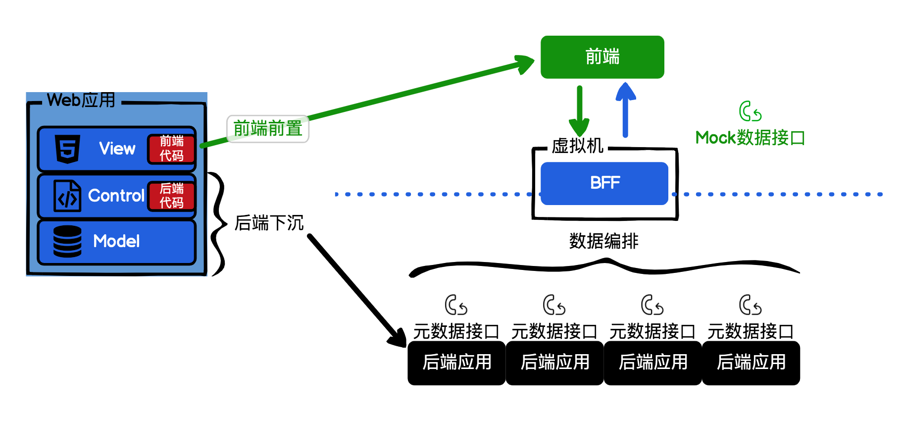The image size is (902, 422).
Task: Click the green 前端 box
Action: click(602, 57)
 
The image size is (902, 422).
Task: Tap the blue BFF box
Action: click(604, 183)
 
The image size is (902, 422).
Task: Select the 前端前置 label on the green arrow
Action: click(268, 129)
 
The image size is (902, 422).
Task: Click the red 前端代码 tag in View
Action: click(171, 149)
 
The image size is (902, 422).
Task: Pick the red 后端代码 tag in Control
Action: click(171, 196)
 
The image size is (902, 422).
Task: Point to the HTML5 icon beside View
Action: click(68, 149)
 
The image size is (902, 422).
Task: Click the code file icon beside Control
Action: click(67, 196)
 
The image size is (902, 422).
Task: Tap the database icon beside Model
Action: click(67, 241)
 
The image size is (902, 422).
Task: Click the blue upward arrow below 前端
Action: click(625, 110)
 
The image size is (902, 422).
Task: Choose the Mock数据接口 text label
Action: click(750, 138)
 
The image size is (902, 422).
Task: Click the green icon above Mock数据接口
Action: click(750, 111)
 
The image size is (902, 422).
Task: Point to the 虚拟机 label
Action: click(577, 146)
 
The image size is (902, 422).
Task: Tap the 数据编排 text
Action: click(603, 241)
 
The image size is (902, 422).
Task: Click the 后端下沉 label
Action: click(269, 223)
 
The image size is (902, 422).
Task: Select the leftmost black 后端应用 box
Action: click(456, 363)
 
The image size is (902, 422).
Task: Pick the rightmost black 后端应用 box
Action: click(751, 363)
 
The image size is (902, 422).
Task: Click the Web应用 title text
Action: click(81, 100)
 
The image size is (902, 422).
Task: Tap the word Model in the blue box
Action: click(116, 241)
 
